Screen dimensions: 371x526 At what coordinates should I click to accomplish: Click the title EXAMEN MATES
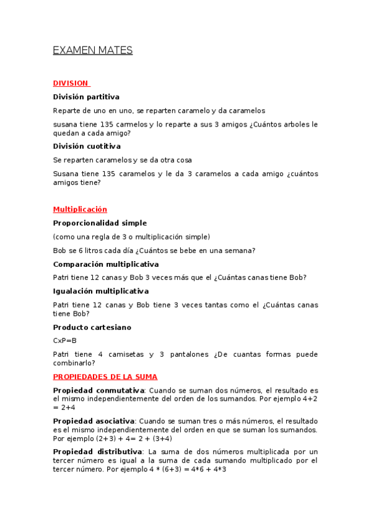point(93,51)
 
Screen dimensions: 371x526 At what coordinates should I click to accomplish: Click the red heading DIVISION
point(71,83)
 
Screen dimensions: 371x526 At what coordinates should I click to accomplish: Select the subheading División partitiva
point(86,97)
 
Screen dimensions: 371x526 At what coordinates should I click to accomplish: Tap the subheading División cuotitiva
point(87,146)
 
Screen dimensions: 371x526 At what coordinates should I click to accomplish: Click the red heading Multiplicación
point(80,210)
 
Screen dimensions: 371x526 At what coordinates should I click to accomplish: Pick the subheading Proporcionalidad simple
point(100,223)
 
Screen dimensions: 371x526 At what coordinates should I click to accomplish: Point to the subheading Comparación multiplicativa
point(106,264)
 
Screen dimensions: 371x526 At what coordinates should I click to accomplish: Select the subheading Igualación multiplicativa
point(101,291)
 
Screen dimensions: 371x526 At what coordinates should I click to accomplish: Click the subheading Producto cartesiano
point(92,327)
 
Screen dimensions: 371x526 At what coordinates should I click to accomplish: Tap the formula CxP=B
point(64,341)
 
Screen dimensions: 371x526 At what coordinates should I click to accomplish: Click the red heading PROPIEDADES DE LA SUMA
point(105,377)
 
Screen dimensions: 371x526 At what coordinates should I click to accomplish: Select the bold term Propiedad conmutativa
point(98,390)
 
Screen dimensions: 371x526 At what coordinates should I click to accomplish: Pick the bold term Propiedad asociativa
point(94,421)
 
